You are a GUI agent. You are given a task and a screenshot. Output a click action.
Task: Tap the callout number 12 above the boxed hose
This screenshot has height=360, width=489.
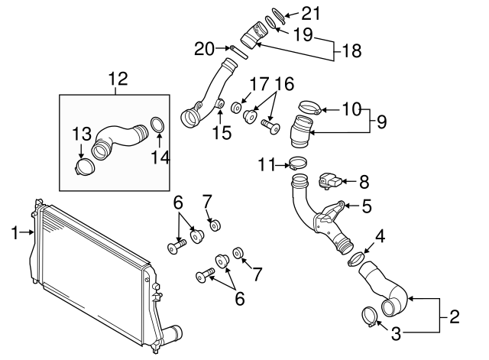118,79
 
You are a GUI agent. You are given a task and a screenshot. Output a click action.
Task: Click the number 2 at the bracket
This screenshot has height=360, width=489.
453,314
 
